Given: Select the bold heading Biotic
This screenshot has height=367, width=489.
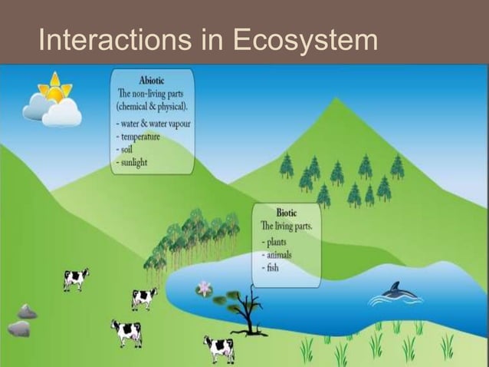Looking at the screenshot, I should [x=287, y=213].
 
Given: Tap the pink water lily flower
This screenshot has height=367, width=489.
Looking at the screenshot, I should [x=204, y=289].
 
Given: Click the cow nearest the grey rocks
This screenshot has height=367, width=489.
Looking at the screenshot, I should [x=75, y=279].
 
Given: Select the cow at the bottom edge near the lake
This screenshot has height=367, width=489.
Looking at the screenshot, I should [x=219, y=348].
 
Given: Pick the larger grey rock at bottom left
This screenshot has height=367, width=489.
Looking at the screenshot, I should [x=19, y=329].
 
